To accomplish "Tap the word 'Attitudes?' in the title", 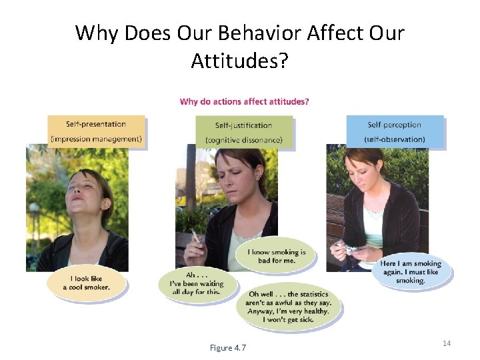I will point(239,61).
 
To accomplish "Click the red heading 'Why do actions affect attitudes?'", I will point(244,102).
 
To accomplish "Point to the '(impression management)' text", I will point(96,139).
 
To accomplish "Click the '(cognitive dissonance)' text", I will point(244,140).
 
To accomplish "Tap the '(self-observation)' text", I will point(395,139).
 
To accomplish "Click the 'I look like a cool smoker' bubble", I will point(86,283).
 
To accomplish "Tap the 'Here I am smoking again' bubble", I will point(411,272).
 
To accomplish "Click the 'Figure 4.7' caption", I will point(227,347).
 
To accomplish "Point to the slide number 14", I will point(447,343).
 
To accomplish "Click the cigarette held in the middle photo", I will point(195,237).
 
